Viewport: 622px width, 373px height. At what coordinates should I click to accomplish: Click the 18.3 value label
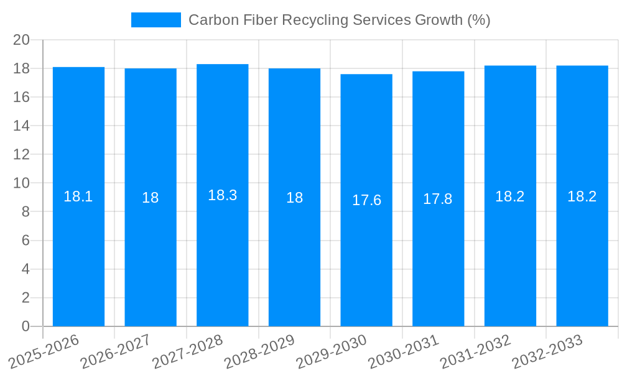(x=223, y=195)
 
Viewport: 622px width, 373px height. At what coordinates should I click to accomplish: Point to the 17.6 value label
(x=366, y=200)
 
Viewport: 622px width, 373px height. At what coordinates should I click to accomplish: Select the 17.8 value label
(x=438, y=199)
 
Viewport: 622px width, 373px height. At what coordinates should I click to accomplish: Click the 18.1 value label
(x=78, y=196)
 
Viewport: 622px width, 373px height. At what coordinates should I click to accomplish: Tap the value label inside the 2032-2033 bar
(x=582, y=196)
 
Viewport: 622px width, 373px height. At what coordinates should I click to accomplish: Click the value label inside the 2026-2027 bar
(x=151, y=198)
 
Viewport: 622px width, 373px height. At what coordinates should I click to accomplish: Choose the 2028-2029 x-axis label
(x=259, y=352)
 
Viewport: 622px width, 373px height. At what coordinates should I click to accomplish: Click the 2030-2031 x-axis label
(x=404, y=352)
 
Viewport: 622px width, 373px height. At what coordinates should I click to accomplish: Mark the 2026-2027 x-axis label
(x=116, y=352)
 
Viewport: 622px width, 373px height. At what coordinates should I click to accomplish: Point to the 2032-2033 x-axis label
(x=547, y=352)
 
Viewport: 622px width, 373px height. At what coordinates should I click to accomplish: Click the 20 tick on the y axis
(x=22, y=40)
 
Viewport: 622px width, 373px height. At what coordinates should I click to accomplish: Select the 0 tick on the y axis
(x=26, y=326)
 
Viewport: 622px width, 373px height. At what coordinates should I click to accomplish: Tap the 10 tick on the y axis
(x=22, y=183)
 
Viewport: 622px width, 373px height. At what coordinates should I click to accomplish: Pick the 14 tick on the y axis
(x=22, y=126)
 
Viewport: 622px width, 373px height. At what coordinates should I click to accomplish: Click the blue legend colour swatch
(x=155, y=20)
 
